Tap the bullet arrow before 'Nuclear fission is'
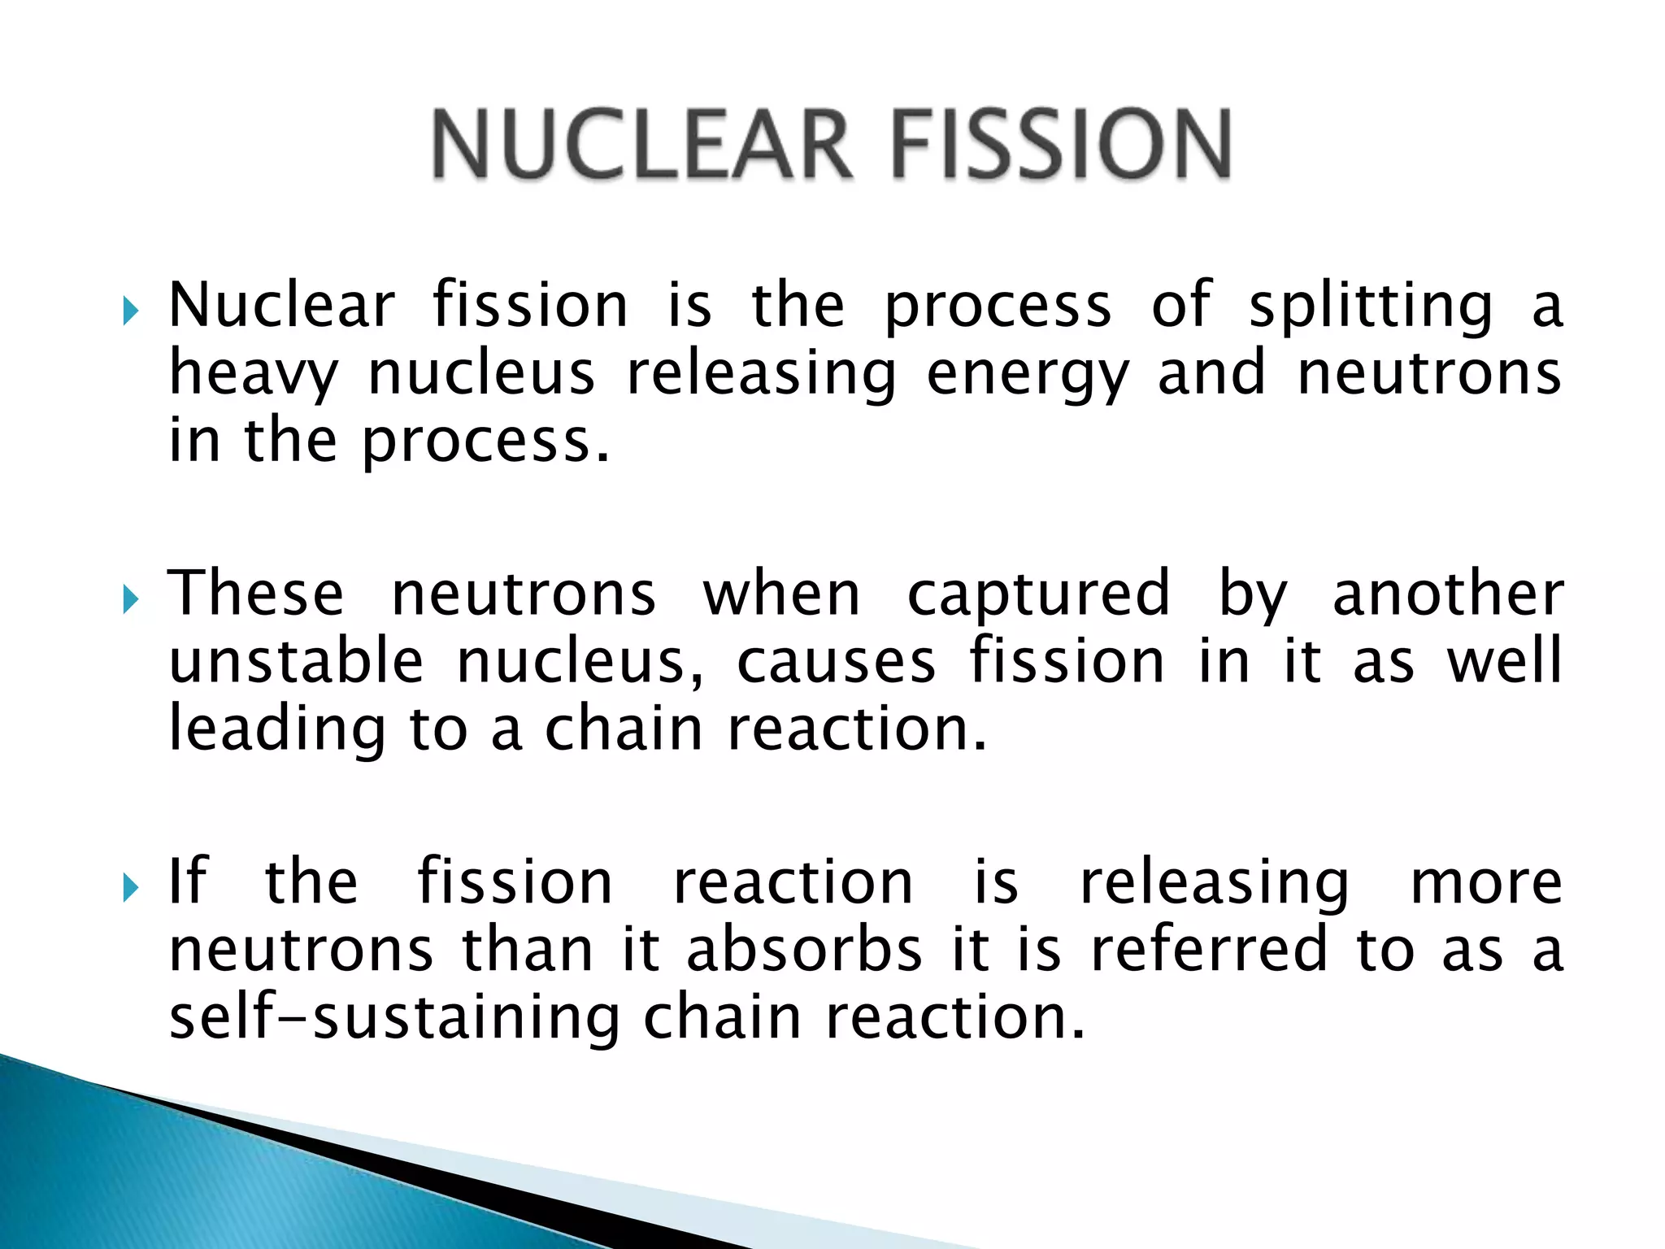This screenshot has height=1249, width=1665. coord(131,311)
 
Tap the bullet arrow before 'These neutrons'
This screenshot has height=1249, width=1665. coord(131,600)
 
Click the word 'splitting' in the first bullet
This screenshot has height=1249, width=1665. coord(1371,307)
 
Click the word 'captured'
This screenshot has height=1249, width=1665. coord(1038,595)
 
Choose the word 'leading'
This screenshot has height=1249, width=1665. coord(276,730)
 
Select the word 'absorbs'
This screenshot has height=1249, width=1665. coord(804,950)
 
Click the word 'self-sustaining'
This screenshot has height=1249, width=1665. coord(393,1018)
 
